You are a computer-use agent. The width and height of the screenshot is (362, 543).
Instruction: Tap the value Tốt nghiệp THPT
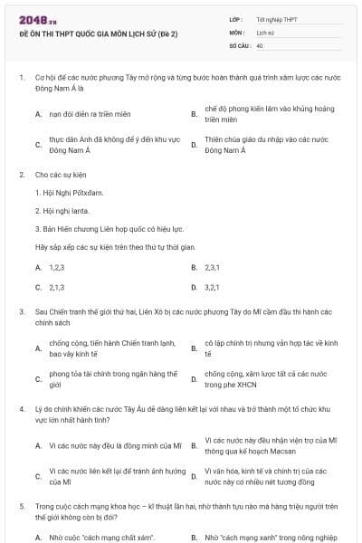click(x=277, y=18)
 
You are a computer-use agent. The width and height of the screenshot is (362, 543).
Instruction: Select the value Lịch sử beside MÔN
click(x=264, y=31)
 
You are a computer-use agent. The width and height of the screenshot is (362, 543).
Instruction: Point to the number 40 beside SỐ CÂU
click(x=260, y=44)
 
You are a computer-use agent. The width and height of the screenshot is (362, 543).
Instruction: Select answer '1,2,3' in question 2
click(x=57, y=267)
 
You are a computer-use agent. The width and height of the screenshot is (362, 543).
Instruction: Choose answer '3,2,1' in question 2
click(x=214, y=287)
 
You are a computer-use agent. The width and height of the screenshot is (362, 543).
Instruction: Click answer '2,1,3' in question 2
click(x=57, y=287)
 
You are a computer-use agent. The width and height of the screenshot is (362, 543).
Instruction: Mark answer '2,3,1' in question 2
click(x=214, y=267)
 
